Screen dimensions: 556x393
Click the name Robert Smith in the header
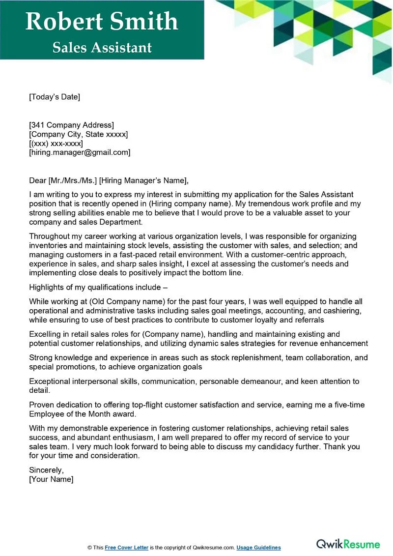(x=102, y=21)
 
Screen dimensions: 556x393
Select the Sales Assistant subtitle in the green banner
(x=102, y=47)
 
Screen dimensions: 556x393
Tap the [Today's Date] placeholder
(x=54, y=97)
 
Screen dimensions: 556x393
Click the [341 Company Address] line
(x=71, y=125)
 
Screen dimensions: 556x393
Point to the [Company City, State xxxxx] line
(x=78, y=134)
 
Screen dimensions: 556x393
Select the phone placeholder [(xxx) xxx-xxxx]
(x=56, y=144)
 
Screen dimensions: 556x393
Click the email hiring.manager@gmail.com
(x=80, y=153)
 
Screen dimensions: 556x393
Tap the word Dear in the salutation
(x=38, y=180)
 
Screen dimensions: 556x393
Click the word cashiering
(x=342, y=311)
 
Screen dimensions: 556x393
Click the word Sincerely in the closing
(x=46, y=469)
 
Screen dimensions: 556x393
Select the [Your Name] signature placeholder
(x=51, y=479)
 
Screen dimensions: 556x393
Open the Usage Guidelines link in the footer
(x=258, y=548)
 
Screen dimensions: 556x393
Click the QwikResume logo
(x=348, y=544)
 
